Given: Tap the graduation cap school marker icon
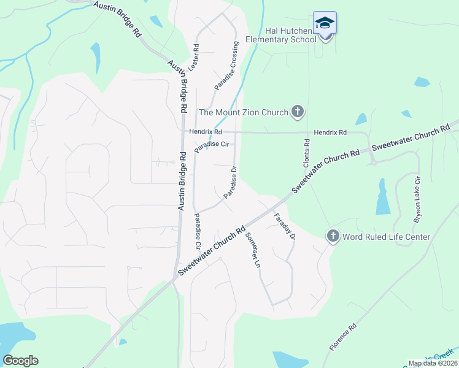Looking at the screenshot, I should (x=325, y=24).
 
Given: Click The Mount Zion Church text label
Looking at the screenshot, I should (x=244, y=112).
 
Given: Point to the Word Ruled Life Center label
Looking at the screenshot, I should (x=386, y=237).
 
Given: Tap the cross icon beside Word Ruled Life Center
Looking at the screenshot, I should (x=333, y=236).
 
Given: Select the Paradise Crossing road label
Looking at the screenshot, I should (x=225, y=67).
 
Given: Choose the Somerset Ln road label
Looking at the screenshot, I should (x=253, y=250).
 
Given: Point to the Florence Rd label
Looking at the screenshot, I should (x=343, y=338).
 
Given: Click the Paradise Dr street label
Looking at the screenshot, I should (x=231, y=182).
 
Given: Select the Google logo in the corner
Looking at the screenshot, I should (x=20, y=361).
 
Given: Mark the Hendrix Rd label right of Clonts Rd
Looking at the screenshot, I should (x=330, y=132).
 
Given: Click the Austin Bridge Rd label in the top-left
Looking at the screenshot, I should (x=117, y=20).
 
